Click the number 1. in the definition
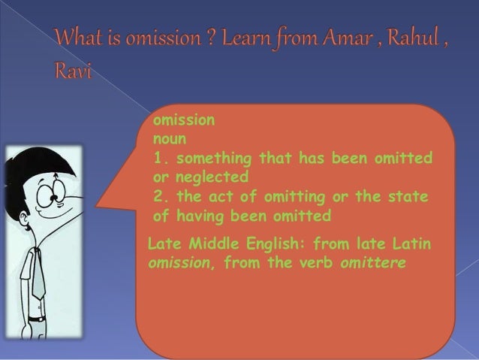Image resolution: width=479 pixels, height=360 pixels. click(x=160, y=159)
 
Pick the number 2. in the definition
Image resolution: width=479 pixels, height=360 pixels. click(x=160, y=198)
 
